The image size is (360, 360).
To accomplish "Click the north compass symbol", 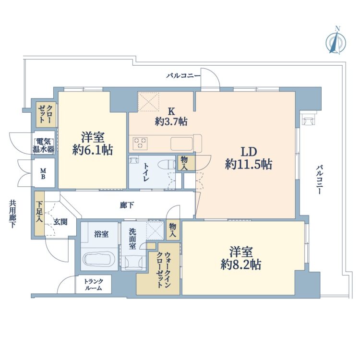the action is tap(336, 42).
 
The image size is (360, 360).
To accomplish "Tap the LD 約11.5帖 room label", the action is tap(249, 158).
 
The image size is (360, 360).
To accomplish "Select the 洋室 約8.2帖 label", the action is tap(241, 258).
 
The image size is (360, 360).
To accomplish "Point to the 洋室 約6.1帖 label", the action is tap(93, 144).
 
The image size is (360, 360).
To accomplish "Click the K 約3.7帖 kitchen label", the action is tap(171, 117).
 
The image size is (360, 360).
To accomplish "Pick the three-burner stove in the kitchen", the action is tap(140, 143).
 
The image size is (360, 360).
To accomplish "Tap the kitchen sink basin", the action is tap(181, 144).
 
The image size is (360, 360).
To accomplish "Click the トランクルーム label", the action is tap(94, 285).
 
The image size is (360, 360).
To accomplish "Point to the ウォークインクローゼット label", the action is tap(164, 270).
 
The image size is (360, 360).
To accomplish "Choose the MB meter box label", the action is tap(43, 174).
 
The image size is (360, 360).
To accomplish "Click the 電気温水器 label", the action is tap(44, 146).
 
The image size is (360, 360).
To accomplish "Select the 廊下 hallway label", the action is tap(127, 205).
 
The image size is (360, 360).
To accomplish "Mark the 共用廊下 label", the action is tap(12, 214).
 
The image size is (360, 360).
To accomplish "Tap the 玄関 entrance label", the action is tap(60, 222).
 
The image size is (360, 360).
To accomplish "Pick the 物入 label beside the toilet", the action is tap(184, 163).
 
